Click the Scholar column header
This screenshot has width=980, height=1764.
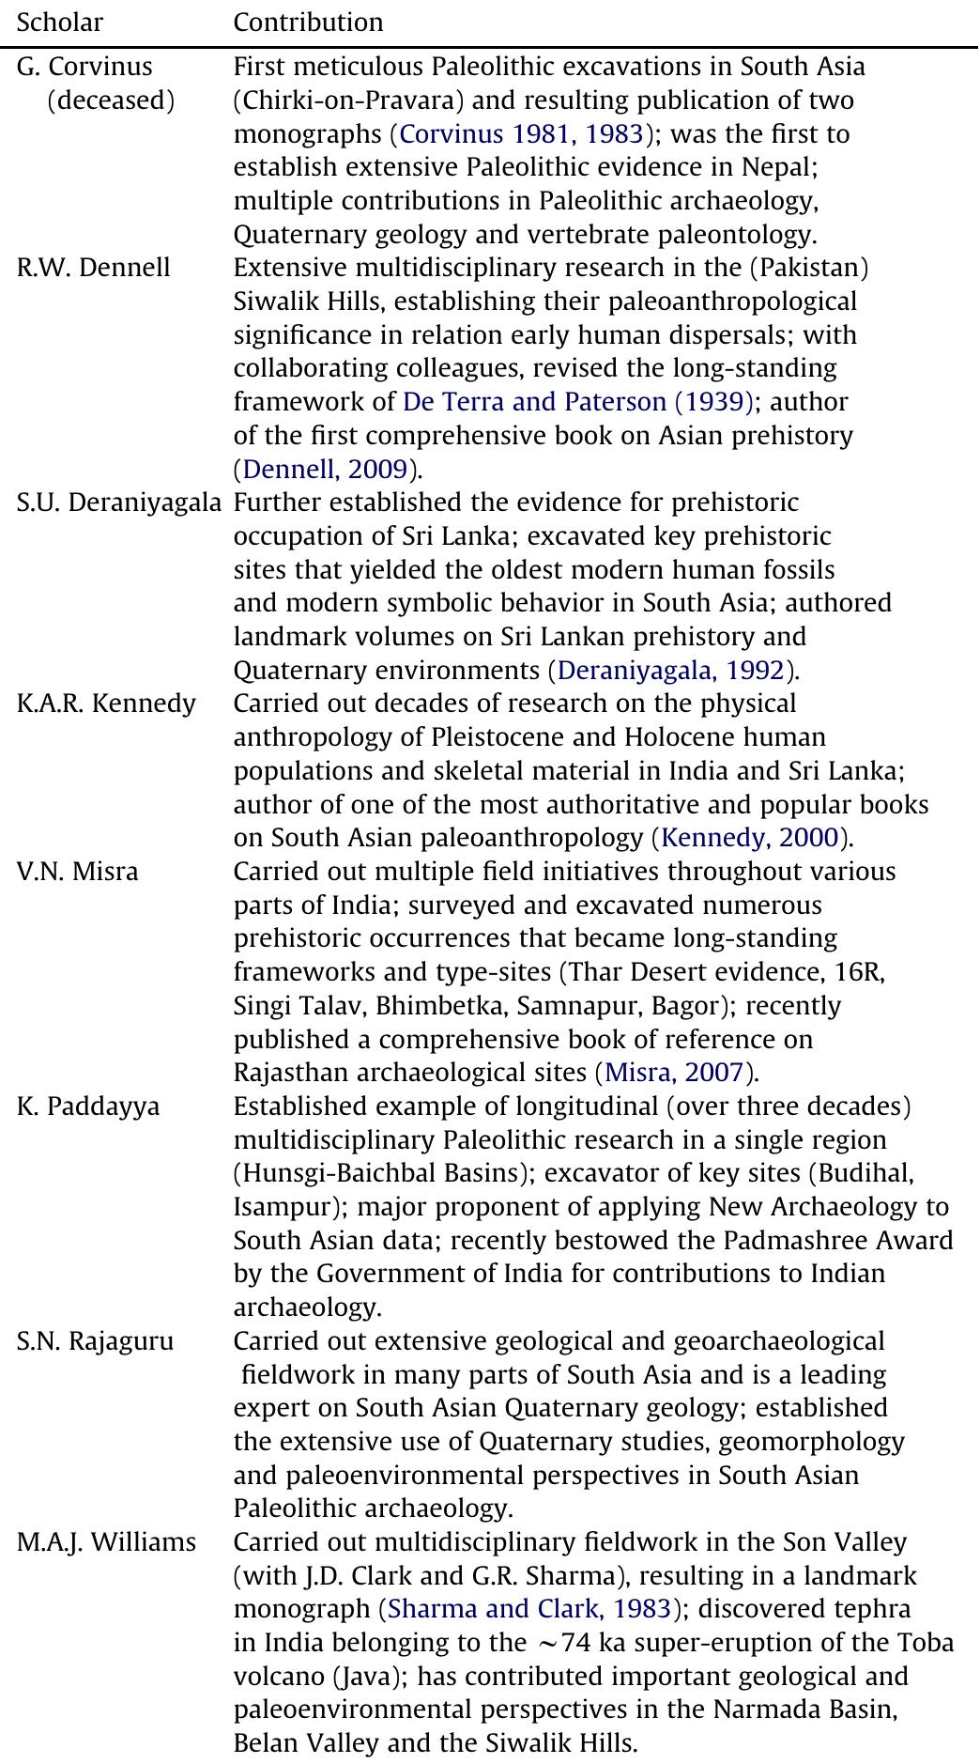60,23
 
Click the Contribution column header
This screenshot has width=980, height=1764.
308,23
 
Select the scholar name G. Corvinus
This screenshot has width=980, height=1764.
84,68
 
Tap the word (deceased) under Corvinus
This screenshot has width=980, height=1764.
111,101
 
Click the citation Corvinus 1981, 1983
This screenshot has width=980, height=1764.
522,134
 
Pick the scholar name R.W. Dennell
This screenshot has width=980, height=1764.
94,269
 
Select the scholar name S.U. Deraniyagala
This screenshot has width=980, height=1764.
119,503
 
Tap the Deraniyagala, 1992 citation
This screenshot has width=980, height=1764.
670,671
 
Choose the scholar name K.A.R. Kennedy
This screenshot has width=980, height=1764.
106,704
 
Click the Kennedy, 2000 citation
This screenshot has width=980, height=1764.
750,838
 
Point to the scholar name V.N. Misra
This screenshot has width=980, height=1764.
77,873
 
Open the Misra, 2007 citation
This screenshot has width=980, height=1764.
674,1073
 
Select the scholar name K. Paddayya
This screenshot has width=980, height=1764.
88,1107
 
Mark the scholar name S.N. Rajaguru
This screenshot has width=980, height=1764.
95,1341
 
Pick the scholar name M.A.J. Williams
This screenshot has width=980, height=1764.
106,1542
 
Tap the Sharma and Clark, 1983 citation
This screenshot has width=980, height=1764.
529,1610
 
